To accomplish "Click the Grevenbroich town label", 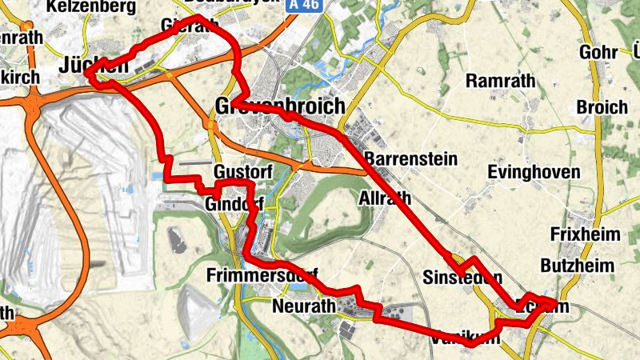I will (280, 106).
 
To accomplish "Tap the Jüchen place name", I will (94, 67).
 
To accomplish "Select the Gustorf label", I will (244, 172).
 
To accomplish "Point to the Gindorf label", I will (234, 204).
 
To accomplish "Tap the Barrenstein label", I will (410, 158).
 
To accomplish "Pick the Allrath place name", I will (386, 198).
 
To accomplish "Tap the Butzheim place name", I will (577, 265).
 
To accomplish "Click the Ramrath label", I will (499, 81).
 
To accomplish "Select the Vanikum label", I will (465, 338).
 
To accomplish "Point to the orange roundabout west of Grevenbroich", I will (211, 125).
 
